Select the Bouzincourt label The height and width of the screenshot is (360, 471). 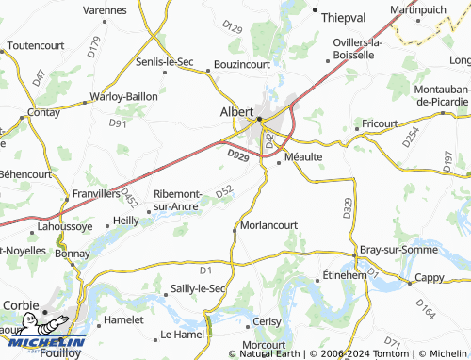[x=243, y=64]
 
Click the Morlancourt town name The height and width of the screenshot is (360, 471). [x=269, y=226]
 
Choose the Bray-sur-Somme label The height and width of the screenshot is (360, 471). [x=398, y=250]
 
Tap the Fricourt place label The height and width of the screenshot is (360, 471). [x=378, y=123]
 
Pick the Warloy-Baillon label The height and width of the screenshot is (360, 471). [x=123, y=96]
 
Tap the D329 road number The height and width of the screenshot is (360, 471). [x=347, y=210]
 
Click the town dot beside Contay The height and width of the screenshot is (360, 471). [x=29, y=112]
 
